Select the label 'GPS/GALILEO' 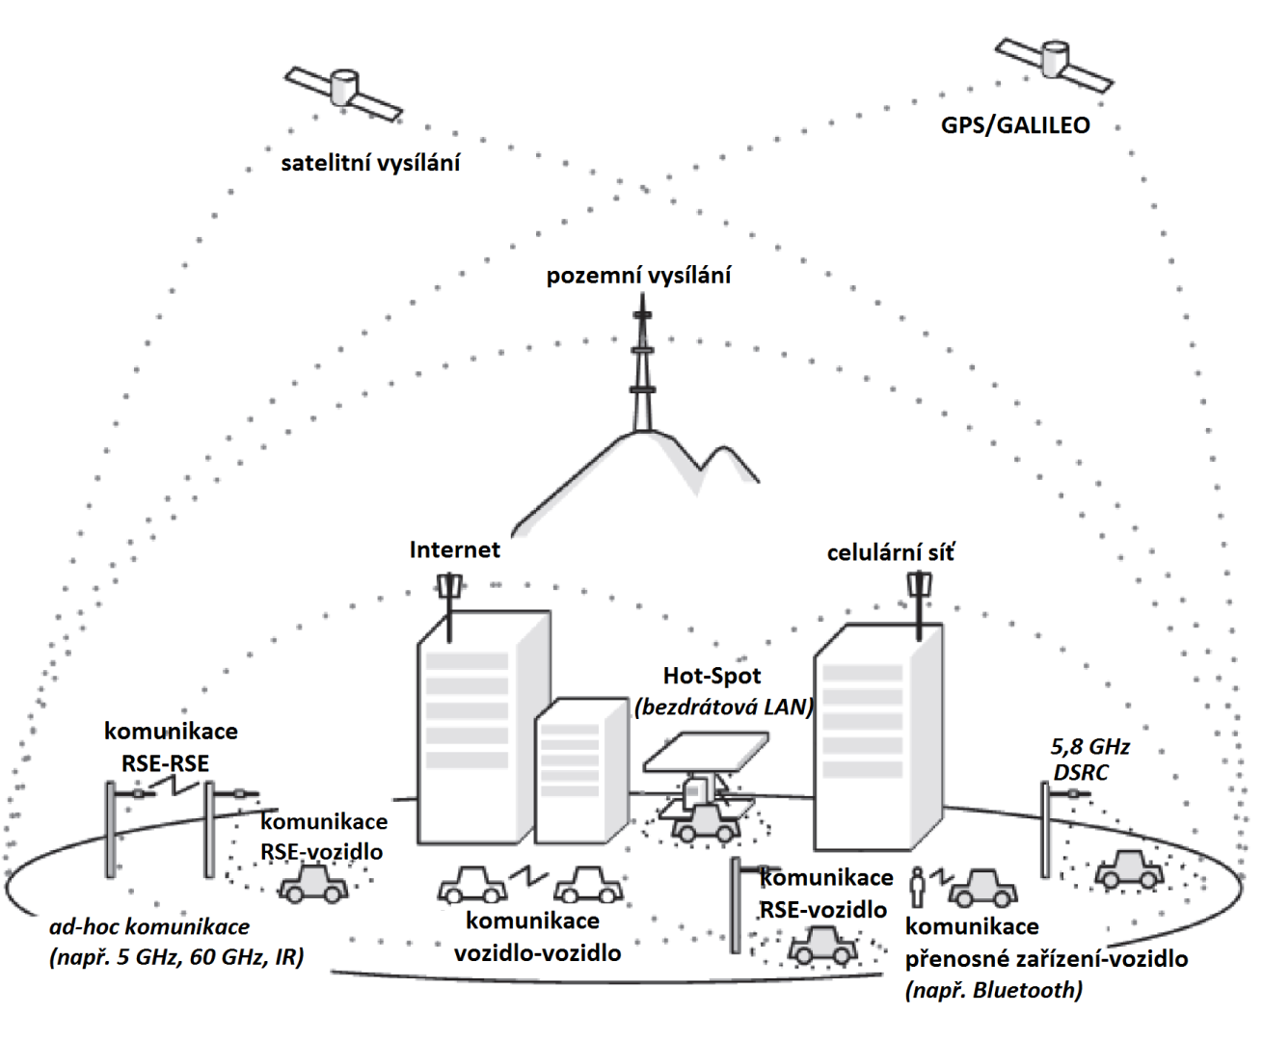[x=1015, y=125]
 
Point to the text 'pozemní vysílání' [x=638, y=276]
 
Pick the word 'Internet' [x=454, y=549]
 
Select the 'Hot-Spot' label [x=712, y=676]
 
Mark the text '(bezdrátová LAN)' [x=724, y=707]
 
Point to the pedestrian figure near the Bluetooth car [x=919, y=887]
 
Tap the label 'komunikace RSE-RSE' [x=171, y=747]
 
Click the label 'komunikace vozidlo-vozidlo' [x=536, y=937]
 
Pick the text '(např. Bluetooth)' [x=993, y=990]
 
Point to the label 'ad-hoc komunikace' [x=149, y=927]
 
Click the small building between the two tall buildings [x=580, y=771]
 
